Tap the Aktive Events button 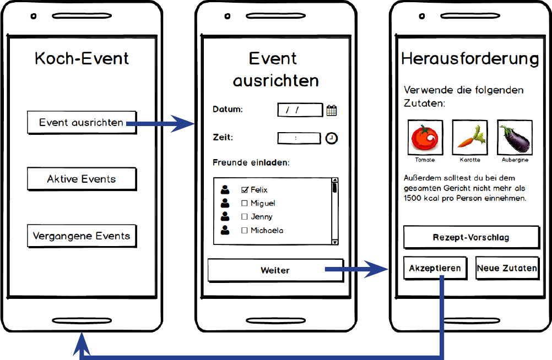point(82,179)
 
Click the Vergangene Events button point(82,236)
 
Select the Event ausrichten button point(82,122)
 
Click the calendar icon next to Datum point(332,111)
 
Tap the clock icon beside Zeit point(331,138)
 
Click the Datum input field point(300,110)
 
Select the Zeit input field point(299,138)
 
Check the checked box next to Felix point(245,190)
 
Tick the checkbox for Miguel point(244,203)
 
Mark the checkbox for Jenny point(244,216)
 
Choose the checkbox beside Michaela point(244,230)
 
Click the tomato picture point(425,137)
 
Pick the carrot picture point(470,137)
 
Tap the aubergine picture point(515,137)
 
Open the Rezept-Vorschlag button point(472,237)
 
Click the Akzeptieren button point(435,268)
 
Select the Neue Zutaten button point(507,268)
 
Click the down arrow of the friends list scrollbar point(335,242)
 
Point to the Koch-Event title point(82,58)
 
